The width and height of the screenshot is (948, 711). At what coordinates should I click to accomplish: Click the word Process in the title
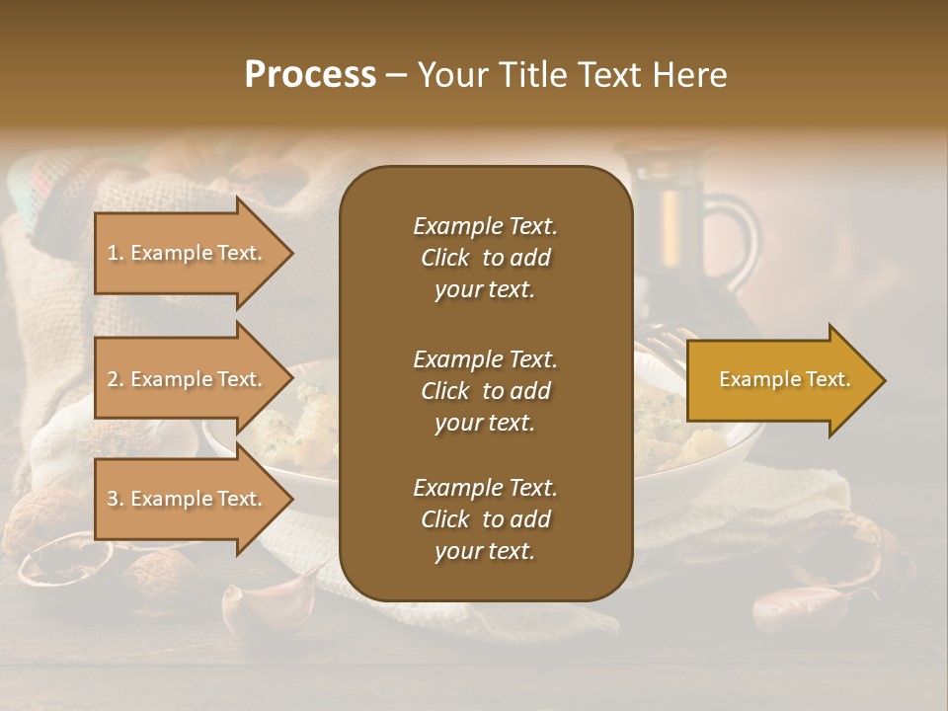click(x=310, y=75)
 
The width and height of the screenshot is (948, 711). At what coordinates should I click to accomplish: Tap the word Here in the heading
click(x=688, y=75)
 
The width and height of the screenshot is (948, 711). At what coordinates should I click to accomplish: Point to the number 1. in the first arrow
click(x=116, y=253)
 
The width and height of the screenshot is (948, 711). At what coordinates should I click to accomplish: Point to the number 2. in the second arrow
click(x=116, y=379)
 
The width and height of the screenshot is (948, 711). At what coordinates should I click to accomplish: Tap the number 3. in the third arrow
click(x=116, y=499)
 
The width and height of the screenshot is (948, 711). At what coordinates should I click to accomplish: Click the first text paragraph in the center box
click(x=485, y=258)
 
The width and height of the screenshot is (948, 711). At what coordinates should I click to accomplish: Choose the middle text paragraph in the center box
click(x=485, y=391)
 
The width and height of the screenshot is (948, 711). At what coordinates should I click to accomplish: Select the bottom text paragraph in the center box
click(x=485, y=519)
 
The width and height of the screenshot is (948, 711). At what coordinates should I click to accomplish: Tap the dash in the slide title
click(x=396, y=75)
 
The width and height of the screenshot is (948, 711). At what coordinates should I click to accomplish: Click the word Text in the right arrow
click(x=827, y=379)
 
